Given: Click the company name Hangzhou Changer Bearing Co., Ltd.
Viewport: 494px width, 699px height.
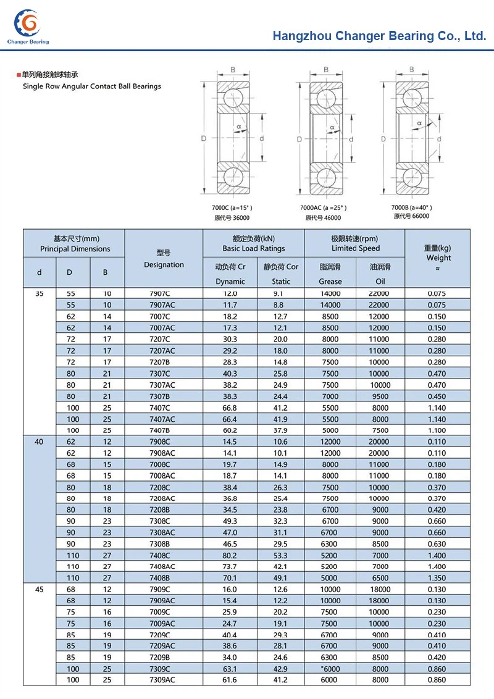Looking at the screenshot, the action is coord(379,36).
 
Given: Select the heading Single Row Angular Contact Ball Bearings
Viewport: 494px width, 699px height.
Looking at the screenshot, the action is coord(91,86).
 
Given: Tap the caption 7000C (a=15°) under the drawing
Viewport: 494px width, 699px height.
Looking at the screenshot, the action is coord(232,208).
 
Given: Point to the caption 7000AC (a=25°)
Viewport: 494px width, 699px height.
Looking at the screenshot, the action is coord(323,208).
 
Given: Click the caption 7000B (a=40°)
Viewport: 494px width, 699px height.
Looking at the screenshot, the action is coord(411,207).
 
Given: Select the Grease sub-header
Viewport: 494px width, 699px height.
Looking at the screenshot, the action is coord(330,281).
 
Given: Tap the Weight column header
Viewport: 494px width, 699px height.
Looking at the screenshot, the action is coord(438,257).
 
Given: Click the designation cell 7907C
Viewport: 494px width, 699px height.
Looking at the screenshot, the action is coord(164,294).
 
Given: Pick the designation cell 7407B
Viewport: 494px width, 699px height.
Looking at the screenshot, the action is coord(164,430).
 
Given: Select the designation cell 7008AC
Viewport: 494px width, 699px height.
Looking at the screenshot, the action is coord(164,475).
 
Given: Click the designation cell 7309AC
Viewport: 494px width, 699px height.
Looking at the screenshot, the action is coord(164,680).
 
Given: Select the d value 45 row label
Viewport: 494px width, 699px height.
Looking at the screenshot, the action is coord(40,589).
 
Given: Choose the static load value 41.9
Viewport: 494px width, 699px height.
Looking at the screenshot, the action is coord(280,419).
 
